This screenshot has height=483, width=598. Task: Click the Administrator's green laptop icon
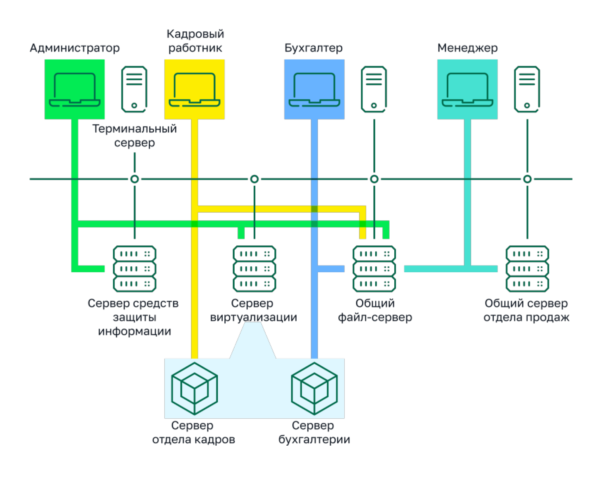click(x=75, y=90)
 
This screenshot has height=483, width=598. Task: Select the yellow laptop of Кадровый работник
click(x=195, y=90)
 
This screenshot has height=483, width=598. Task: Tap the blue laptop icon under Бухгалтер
click(x=314, y=90)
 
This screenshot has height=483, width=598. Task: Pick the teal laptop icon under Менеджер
click(x=467, y=90)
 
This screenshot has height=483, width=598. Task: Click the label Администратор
click(x=75, y=48)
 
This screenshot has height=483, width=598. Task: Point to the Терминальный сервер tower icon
click(x=134, y=89)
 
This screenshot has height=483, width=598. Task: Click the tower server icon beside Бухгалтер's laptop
click(x=374, y=89)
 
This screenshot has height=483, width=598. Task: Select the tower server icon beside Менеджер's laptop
click(x=527, y=89)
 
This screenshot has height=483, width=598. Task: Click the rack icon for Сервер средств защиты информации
click(x=135, y=269)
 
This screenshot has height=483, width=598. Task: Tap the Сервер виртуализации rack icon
click(x=255, y=269)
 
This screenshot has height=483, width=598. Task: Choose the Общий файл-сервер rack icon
click(x=374, y=269)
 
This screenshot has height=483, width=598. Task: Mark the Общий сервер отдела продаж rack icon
click(x=527, y=269)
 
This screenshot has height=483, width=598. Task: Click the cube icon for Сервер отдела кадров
click(x=195, y=389)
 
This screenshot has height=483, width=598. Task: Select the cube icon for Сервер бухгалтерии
click(x=314, y=389)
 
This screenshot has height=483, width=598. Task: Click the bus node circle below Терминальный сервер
click(x=135, y=179)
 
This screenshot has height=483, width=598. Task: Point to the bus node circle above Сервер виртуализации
click(x=255, y=179)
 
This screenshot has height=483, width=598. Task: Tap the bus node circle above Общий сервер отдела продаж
click(x=527, y=179)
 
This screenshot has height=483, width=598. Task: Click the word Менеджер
click(x=467, y=48)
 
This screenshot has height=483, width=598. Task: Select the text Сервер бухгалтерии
click(x=314, y=433)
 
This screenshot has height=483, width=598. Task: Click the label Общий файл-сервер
click(x=375, y=310)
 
